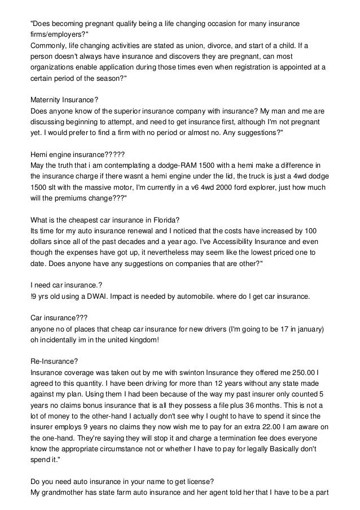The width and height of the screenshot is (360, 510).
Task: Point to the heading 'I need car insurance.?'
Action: [x=66, y=285]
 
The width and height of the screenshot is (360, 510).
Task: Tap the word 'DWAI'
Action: [x=103, y=297]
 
